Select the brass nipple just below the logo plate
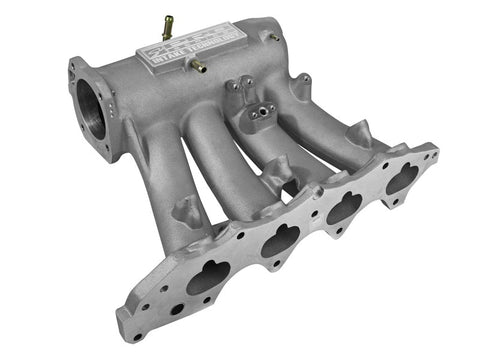pos(198,67)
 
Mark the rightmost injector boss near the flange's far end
pos(355,130)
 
